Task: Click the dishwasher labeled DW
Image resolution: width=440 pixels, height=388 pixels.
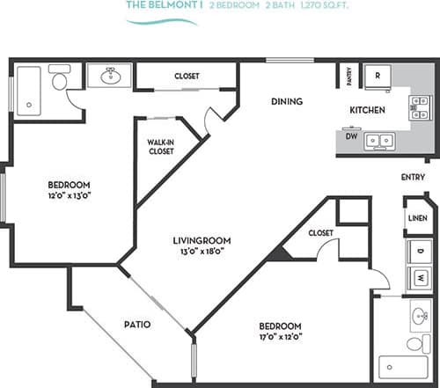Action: click(x=350, y=137)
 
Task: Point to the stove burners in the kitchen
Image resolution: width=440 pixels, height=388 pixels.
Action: click(x=418, y=107)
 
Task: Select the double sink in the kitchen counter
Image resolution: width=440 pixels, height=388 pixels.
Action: click(x=380, y=139)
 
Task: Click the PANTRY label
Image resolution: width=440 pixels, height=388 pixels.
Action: click(x=348, y=77)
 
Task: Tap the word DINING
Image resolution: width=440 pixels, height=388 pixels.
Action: click(x=287, y=102)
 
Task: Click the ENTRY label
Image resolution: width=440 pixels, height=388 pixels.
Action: click(x=412, y=178)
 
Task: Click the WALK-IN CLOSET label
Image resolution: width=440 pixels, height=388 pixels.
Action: click(x=160, y=146)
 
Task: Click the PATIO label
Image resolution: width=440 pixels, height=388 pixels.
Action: click(x=136, y=325)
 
